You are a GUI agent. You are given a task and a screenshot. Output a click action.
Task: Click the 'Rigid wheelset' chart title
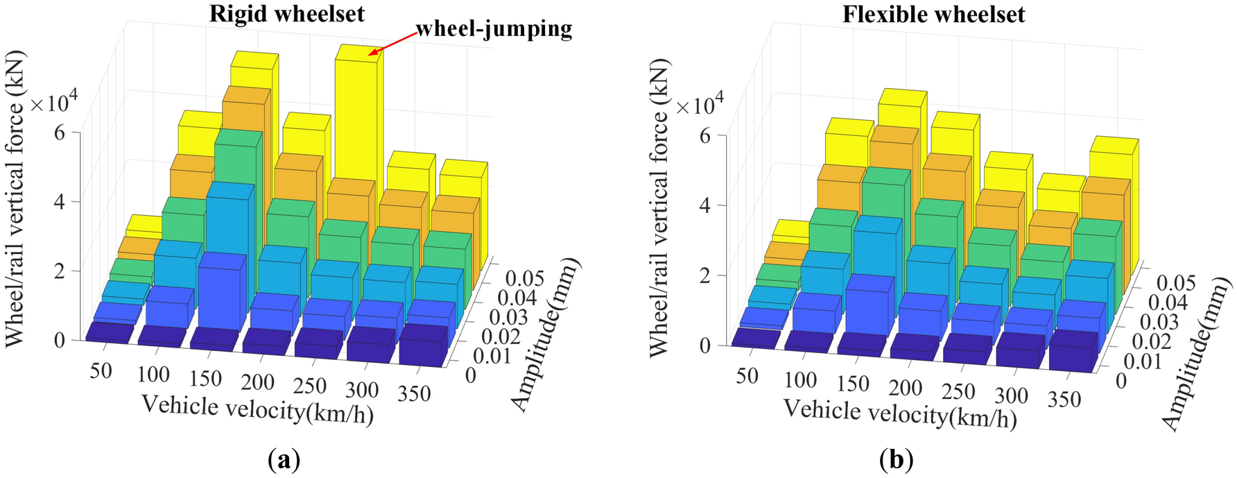pos(287,14)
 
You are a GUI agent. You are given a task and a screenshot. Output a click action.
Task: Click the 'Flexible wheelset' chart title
pos(933,15)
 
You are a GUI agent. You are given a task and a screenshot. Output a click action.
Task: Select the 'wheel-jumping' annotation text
pos(494,28)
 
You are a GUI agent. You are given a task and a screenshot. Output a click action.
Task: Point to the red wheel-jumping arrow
pos(393,42)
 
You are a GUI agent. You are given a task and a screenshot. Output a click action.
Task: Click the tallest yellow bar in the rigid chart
pos(357,118)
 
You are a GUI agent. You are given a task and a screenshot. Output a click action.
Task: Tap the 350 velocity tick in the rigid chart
pos(414,393)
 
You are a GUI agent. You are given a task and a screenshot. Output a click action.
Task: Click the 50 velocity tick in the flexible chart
pos(747,375)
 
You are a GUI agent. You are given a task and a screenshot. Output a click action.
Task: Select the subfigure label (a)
pos(283,459)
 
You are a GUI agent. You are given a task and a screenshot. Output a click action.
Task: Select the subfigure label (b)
pos(896,459)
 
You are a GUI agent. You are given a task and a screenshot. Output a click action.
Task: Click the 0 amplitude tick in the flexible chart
pos(1121,381)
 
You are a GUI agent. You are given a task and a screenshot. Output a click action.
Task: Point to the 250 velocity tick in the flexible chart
pos(958,391)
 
